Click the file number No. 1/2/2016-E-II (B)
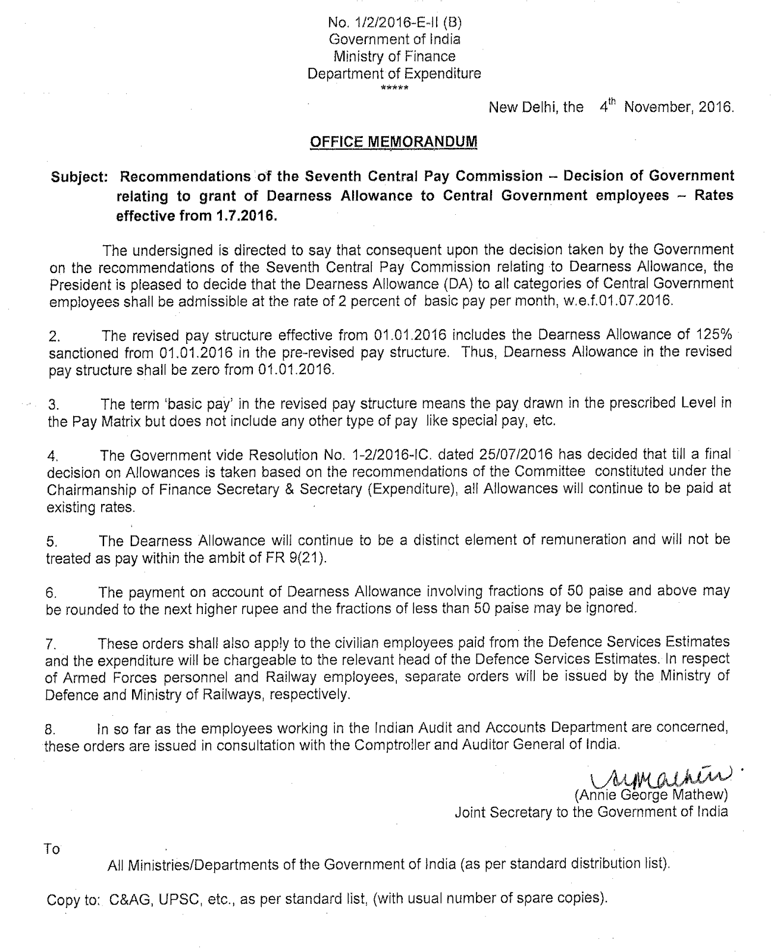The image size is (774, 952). tap(394, 23)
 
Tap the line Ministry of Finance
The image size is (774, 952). tap(394, 57)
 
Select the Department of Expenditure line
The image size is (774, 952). tap(394, 74)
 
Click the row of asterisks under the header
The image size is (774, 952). tap(394, 88)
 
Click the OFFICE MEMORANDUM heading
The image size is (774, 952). tap(394, 142)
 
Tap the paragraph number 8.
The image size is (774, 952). tap(51, 729)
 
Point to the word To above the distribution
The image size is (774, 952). tap(52, 849)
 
